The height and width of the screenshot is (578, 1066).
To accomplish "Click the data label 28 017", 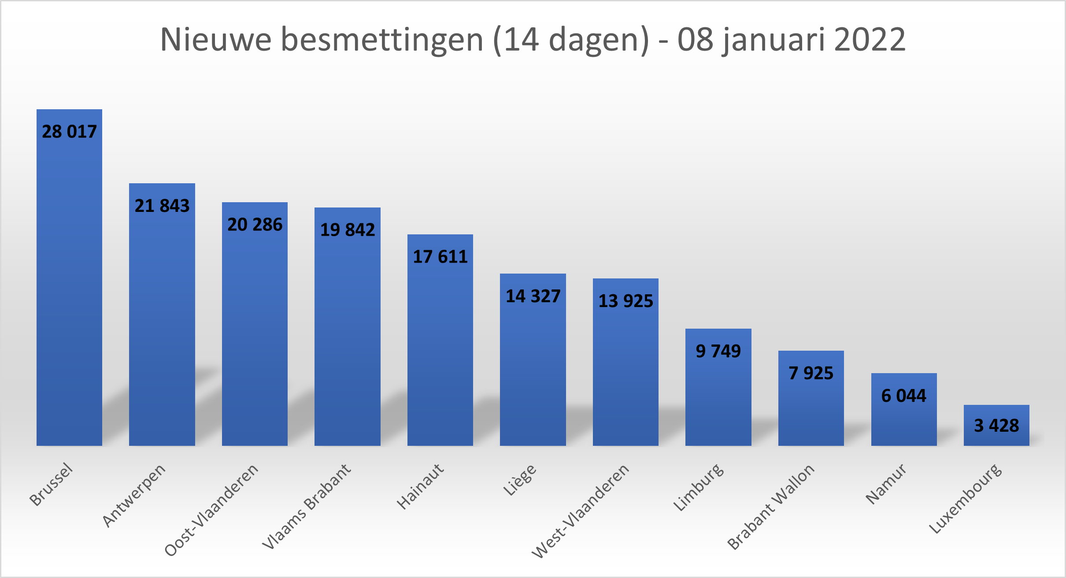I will pyautogui.click(x=69, y=132).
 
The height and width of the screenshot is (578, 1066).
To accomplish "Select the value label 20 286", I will pyautogui.click(x=255, y=225).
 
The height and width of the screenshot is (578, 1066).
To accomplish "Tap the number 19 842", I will pyautogui.click(x=348, y=230).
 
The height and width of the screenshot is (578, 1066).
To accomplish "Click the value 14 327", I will pyautogui.click(x=533, y=296).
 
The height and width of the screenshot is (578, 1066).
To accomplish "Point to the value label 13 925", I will pyautogui.click(x=626, y=301).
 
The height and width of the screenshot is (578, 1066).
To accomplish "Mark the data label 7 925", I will pyautogui.click(x=811, y=373).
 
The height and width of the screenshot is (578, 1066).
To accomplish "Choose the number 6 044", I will pyautogui.click(x=904, y=396).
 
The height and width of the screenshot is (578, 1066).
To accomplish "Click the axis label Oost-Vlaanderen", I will pyautogui.click(x=212, y=510).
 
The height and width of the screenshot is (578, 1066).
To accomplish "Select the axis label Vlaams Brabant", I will pyautogui.click(x=307, y=506).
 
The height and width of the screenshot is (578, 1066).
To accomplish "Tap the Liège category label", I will pyautogui.click(x=520, y=480).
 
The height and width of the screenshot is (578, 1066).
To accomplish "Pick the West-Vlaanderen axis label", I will pyautogui.click(x=581, y=511).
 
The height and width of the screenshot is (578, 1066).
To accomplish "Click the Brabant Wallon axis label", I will pyautogui.click(x=771, y=507).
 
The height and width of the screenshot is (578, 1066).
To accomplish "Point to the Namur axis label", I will pyautogui.click(x=886, y=483).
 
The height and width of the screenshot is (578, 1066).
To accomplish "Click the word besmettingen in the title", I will pyautogui.click(x=382, y=40).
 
